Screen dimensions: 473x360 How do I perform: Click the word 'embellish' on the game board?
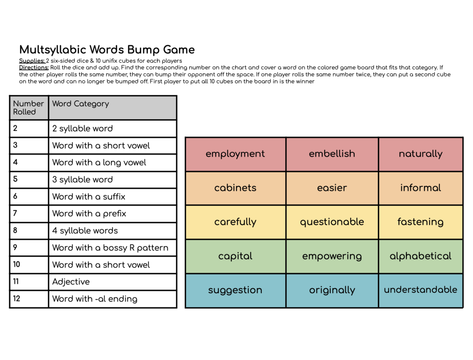[x=332, y=154]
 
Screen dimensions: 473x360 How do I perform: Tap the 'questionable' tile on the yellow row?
[x=332, y=222]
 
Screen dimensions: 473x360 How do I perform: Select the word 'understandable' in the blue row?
[x=420, y=290]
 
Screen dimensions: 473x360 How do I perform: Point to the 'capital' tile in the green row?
[x=235, y=256]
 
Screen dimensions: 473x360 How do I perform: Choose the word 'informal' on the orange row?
[x=420, y=188]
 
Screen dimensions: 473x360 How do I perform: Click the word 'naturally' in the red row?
[x=420, y=154]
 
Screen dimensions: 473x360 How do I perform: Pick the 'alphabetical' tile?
[x=420, y=256]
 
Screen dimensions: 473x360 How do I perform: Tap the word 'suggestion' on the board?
[x=235, y=290]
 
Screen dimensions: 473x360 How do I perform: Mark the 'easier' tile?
[x=332, y=188]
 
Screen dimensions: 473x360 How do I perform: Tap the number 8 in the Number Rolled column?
[x=15, y=230]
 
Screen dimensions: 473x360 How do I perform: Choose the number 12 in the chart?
[x=17, y=299]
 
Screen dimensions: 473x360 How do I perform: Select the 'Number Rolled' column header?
[x=28, y=108]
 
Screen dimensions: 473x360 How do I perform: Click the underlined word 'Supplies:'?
[x=32, y=61]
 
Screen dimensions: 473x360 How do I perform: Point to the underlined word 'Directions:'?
[x=34, y=68]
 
